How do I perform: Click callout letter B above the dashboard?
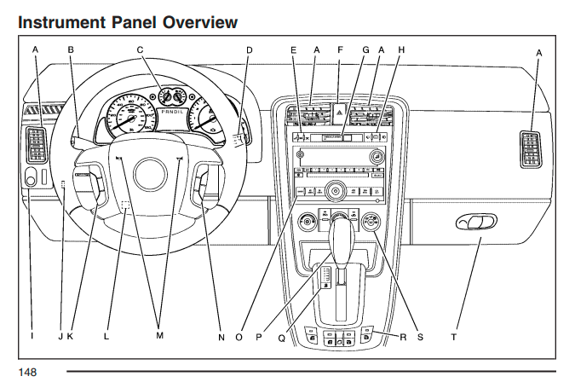coord(71,50)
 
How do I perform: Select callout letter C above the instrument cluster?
coord(141,50)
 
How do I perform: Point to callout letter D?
coord(250,50)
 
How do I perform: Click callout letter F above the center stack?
coord(340,50)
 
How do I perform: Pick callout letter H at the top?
coord(401,50)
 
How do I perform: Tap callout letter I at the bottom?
coord(32,338)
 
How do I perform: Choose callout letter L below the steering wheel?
coord(106,338)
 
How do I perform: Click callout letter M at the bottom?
coord(159,338)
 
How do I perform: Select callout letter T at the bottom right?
coord(454,338)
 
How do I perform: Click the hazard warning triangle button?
coord(339,112)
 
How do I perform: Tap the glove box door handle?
coord(475,223)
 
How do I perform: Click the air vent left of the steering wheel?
coord(37,144)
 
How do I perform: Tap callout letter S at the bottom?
coord(418,338)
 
